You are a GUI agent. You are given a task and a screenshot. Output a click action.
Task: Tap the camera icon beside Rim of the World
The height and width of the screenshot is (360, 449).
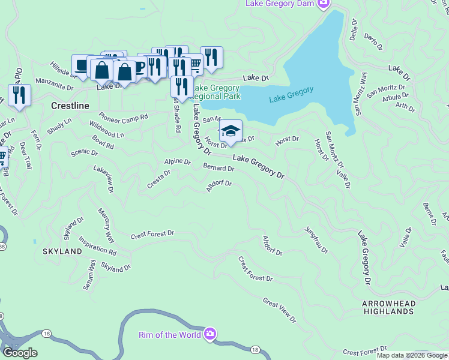click(209, 334)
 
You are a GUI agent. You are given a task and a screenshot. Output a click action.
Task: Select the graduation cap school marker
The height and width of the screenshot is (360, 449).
click(231, 131)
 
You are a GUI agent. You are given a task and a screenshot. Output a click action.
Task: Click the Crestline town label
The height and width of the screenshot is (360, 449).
click(70, 106)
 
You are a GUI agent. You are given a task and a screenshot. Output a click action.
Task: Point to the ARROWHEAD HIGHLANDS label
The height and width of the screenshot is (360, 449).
click(388, 308)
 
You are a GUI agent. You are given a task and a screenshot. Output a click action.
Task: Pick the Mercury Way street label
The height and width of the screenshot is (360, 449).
click(108, 223)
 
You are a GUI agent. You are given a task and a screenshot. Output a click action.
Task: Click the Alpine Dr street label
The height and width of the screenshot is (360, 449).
click(177, 162)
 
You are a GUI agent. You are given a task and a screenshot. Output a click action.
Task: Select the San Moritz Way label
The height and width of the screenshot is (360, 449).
click(362, 93)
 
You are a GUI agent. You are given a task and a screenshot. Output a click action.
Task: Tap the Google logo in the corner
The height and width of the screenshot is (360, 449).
click(20, 353)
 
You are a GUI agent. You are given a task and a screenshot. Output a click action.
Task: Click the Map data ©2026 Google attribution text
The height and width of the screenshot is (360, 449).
click(412, 355)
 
